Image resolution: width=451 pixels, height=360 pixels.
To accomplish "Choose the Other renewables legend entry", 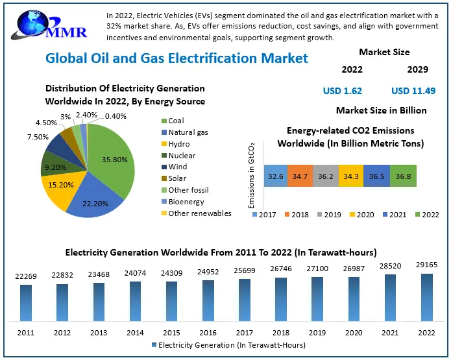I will (199, 213).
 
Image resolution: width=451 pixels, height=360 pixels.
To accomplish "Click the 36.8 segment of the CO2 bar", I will (404, 176).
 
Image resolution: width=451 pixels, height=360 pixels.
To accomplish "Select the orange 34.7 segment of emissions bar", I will (300, 176).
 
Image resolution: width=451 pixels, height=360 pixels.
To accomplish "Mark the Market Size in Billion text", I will (382, 111).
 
